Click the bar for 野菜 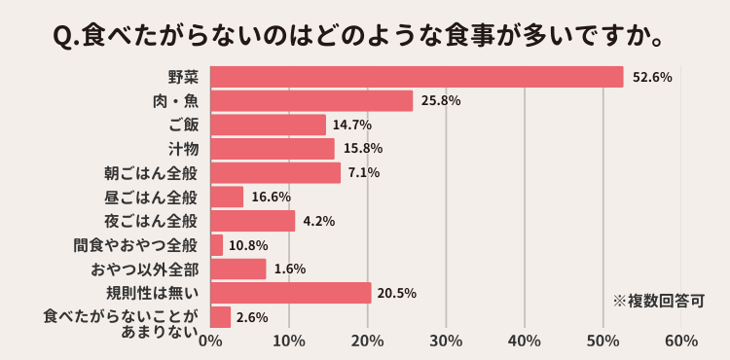coord(417,77)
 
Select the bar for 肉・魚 coord(311,100)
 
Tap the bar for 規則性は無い coord(291,293)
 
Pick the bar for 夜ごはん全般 coord(253,221)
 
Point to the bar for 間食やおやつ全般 coord(217,245)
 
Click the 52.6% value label coord(652,77)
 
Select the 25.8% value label coord(441,100)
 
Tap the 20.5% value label coord(399,293)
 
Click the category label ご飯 coord(183,125)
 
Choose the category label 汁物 coord(183,149)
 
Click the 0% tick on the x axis coord(210,341)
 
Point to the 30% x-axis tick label coord(446,341)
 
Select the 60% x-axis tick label coord(681,341)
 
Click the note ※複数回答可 coord(657,301)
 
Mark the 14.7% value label coord(352,125)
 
